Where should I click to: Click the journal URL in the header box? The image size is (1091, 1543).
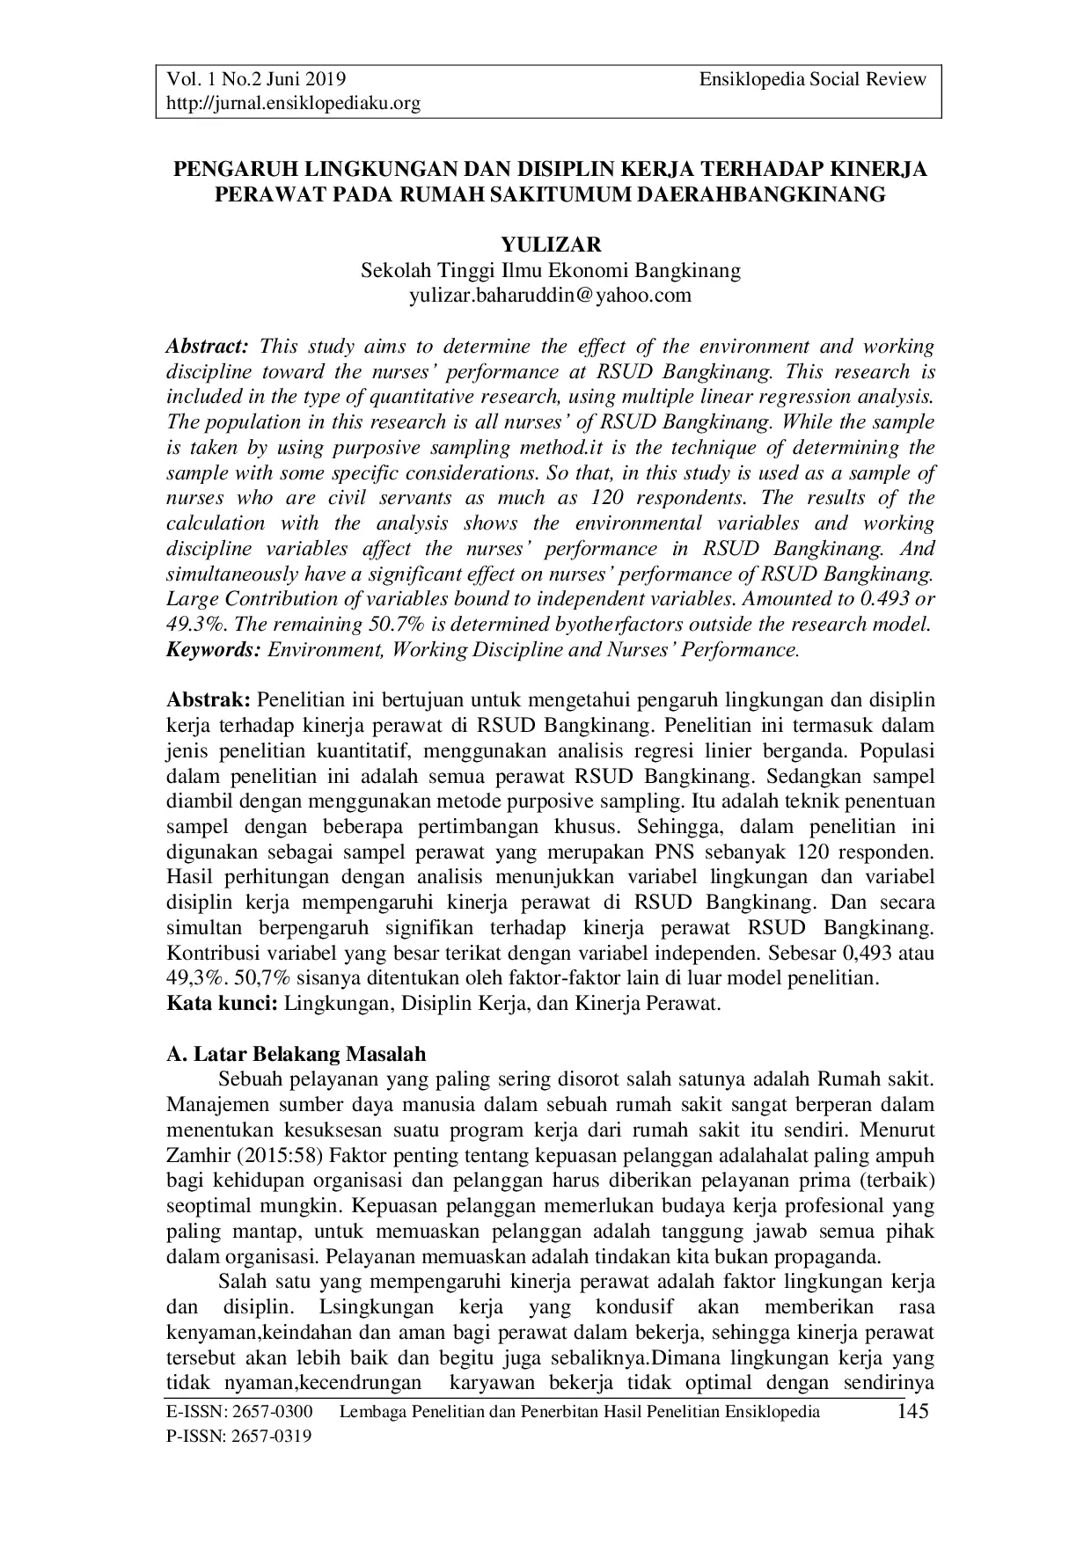click(x=294, y=104)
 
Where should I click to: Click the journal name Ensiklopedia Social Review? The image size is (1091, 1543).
click(x=813, y=79)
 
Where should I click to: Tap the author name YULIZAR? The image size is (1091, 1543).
click(x=551, y=245)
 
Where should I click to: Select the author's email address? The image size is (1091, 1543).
click(x=551, y=295)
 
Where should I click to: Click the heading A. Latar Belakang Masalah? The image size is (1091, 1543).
click(x=297, y=1054)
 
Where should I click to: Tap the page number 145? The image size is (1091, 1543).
click(x=912, y=1412)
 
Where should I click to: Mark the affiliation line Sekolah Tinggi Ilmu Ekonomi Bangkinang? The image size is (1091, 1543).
click(x=551, y=270)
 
